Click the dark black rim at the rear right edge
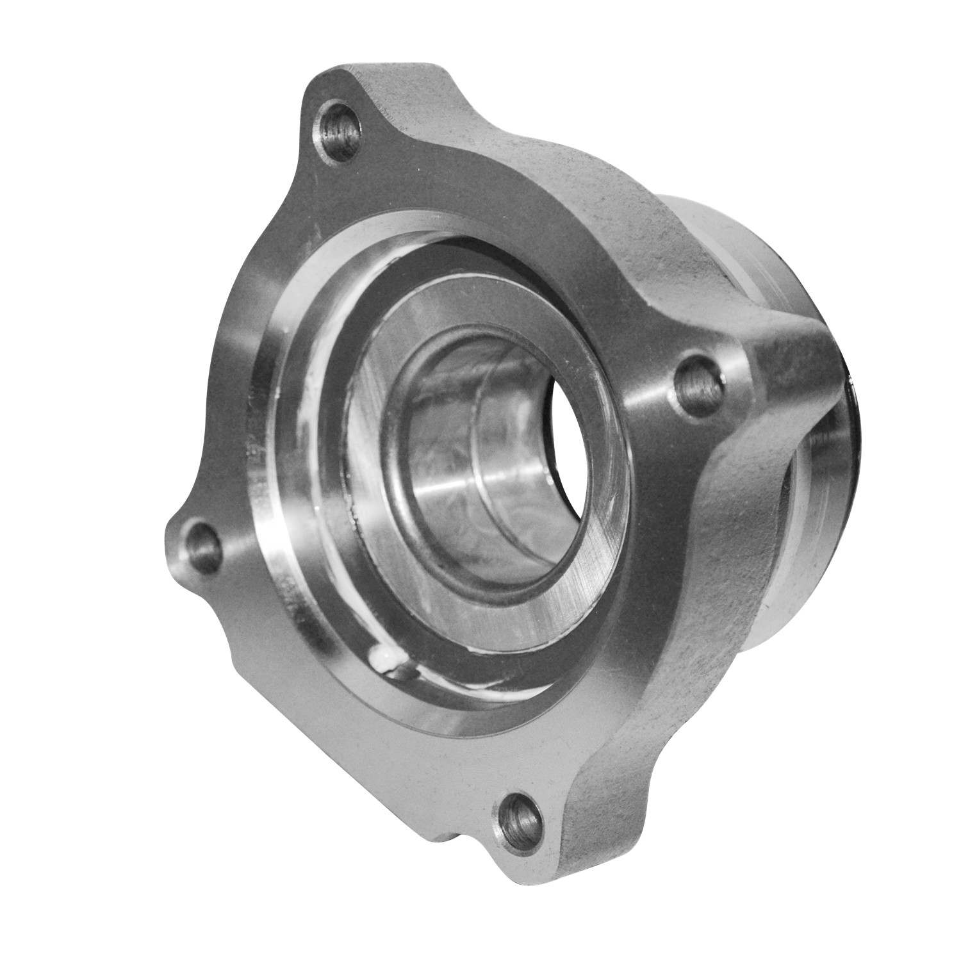852,448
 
